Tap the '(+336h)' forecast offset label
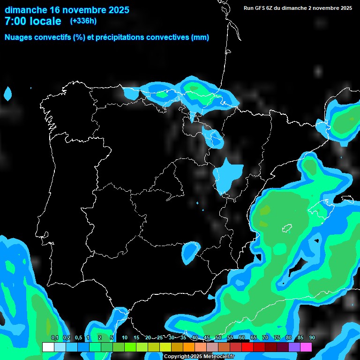pyautogui.click(x=83, y=21)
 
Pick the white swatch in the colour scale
pyautogui.click(x=48, y=347)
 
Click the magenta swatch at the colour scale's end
pyautogui.click(x=306, y=347)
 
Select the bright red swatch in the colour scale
pyautogui.click(x=247, y=347)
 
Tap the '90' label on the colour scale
pyautogui.click(x=312, y=337)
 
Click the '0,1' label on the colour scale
pyautogui.click(x=54, y=337)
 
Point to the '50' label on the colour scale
pyautogui.click(x=218, y=337)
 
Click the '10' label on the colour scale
pyautogui.click(x=125, y=337)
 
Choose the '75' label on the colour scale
pyautogui.click(x=277, y=337)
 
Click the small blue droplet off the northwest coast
pyautogui.click(x=7, y=93)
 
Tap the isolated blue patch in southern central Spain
pyautogui.click(x=190, y=251)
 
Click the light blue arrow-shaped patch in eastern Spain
pyautogui.click(x=228, y=175)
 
